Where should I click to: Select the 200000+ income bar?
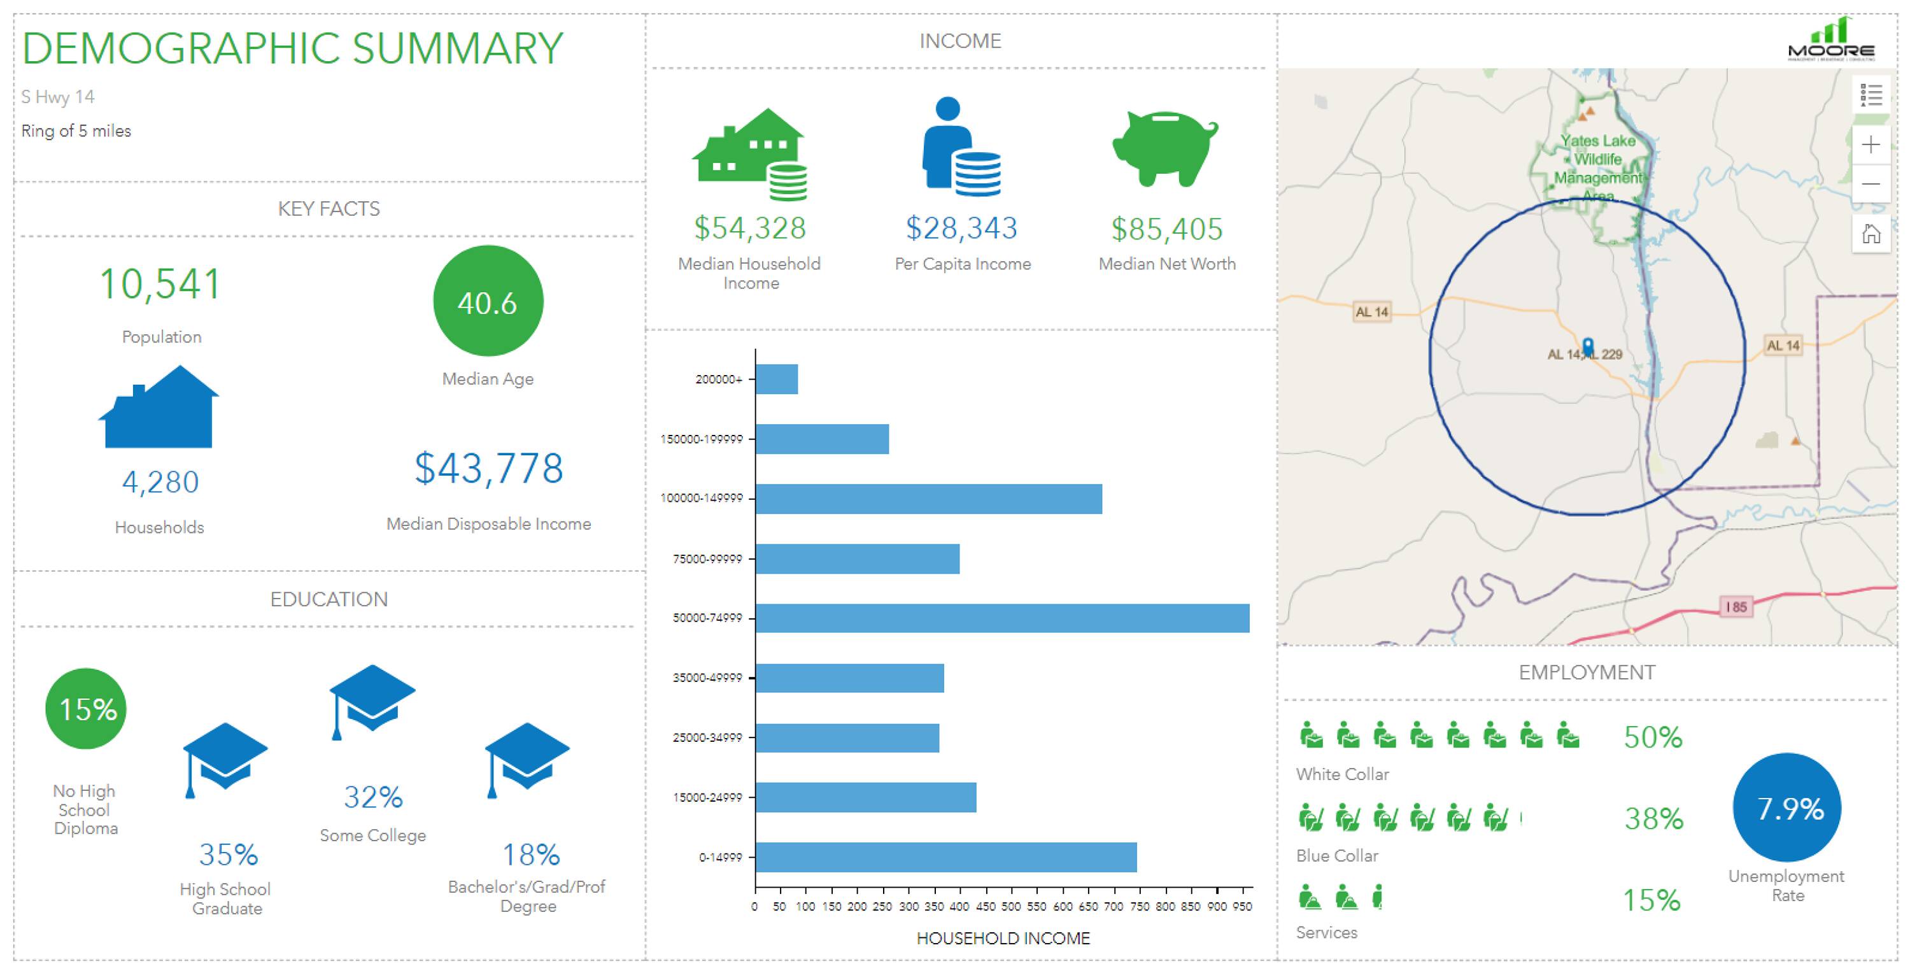click(777, 379)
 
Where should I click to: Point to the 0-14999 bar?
click(946, 857)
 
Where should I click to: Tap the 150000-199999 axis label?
click(702, 439)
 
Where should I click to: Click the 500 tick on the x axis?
click(1010, 906)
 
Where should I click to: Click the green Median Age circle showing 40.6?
click(488, 301)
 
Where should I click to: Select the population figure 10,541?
click(160, 284)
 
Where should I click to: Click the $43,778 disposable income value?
click(488, 469)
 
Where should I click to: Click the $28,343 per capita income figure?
click(961, 229)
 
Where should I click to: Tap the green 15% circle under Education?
click(87, 709)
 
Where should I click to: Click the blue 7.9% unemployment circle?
click(1787, 808)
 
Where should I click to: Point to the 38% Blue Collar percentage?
click(1653, 819)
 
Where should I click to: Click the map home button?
click(1871, 234)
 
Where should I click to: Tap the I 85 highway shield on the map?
click(1736, 607)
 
